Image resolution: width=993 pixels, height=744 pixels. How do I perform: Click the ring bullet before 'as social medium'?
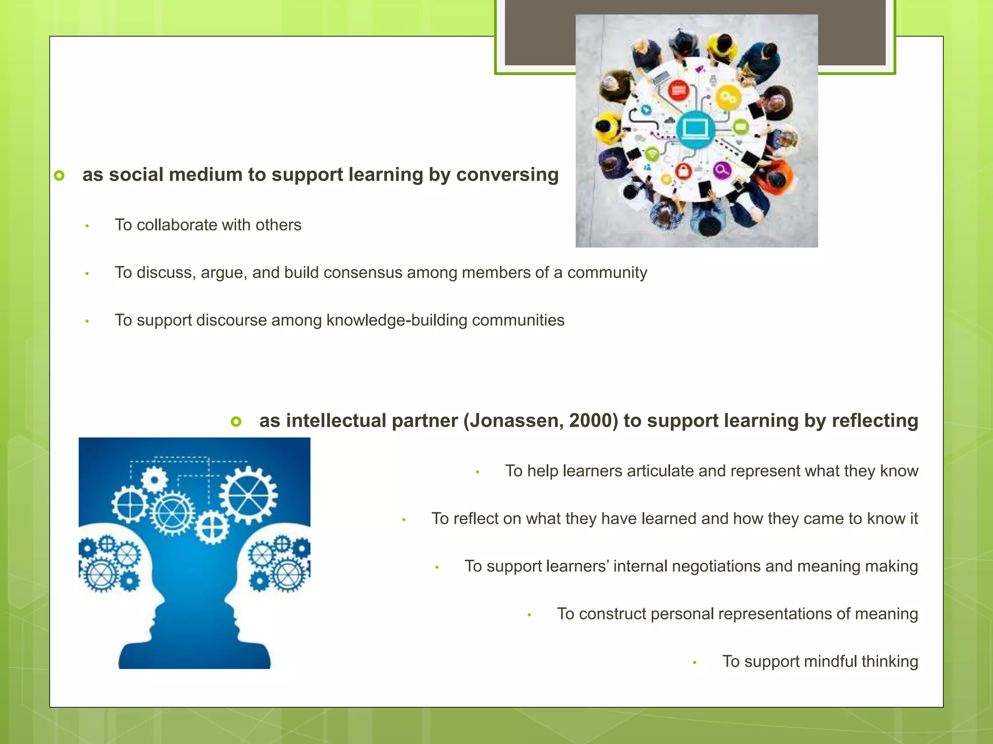(59, 175)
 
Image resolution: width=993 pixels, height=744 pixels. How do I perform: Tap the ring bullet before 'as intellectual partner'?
(236, 421)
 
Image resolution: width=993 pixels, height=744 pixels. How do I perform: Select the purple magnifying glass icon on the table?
(722, 170)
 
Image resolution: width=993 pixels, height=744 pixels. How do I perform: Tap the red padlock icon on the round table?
(683, 171)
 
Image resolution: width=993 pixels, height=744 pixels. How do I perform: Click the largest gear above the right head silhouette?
(248, 495)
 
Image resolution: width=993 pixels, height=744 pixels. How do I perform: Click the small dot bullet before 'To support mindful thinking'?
(694, 663)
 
